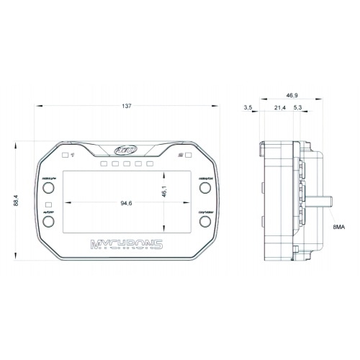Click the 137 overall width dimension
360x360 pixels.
tap(127, 107)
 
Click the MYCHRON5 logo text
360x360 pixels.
tap(127, 244)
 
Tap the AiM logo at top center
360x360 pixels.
tap(127, 150)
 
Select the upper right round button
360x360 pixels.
tap(205, 189)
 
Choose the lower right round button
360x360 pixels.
tap(205, 223)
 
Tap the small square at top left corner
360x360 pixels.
tap(66, 155)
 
